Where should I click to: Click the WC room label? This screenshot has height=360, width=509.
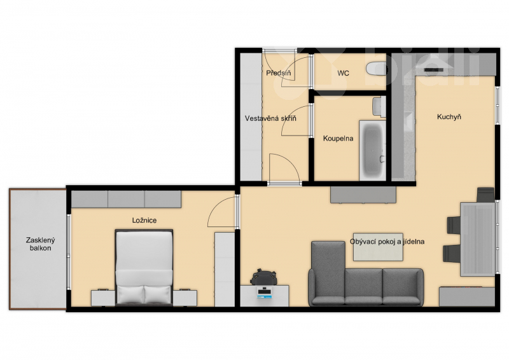[x=343, y=73]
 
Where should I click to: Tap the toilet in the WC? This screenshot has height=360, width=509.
[x=376, y=69]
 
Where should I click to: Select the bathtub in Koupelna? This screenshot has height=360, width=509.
[x=372, y=150]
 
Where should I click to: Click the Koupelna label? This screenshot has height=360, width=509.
[x=338, y=139]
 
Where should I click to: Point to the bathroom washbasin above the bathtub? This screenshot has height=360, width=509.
[x=379, y=106]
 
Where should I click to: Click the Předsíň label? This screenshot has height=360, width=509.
[x=278, y=73]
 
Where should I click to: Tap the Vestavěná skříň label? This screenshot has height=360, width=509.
[x=270, y=118]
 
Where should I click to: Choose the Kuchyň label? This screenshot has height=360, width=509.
[x=449, y=117]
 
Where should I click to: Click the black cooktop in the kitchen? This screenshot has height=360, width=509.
[x=434, y=69]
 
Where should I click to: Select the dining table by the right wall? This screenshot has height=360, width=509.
[x=478, y=239]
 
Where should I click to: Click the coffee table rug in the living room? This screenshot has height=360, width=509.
[x=378, y=247]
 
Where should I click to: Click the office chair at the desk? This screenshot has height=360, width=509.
[x=263, y=277]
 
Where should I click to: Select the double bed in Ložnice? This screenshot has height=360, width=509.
[x=144, y=268]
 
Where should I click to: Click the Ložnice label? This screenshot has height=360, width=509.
[x=144, y=221]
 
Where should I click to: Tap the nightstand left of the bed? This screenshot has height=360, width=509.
[x=103, y=298]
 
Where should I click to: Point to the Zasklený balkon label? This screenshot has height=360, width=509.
[x=41, y=244]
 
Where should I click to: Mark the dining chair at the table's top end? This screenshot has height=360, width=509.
[x=485, y=195]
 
